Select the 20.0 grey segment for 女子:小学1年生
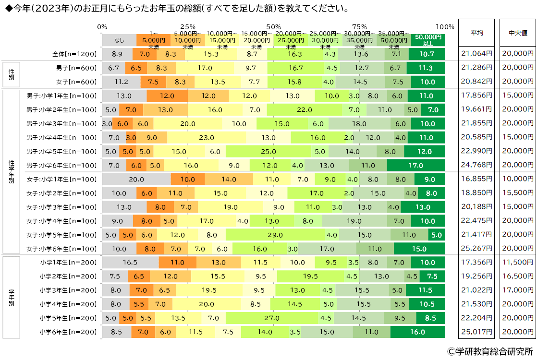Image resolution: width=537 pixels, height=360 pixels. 136,180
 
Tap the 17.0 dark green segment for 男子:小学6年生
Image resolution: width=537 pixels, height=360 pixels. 416,166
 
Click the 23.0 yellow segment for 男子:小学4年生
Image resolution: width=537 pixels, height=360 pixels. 207,138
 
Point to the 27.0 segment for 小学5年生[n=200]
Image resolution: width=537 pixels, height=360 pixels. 272,318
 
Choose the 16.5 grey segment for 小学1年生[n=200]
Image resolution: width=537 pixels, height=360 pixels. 130,263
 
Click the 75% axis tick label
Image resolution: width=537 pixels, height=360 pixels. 359,26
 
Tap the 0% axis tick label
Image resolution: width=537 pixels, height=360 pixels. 102,26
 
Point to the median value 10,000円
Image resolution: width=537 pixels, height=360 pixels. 517,180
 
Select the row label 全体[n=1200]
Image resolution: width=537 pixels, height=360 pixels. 76,54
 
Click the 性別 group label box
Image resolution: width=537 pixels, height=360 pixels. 12,75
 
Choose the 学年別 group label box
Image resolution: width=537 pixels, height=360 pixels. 12,298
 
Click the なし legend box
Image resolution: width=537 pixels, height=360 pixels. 119,40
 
